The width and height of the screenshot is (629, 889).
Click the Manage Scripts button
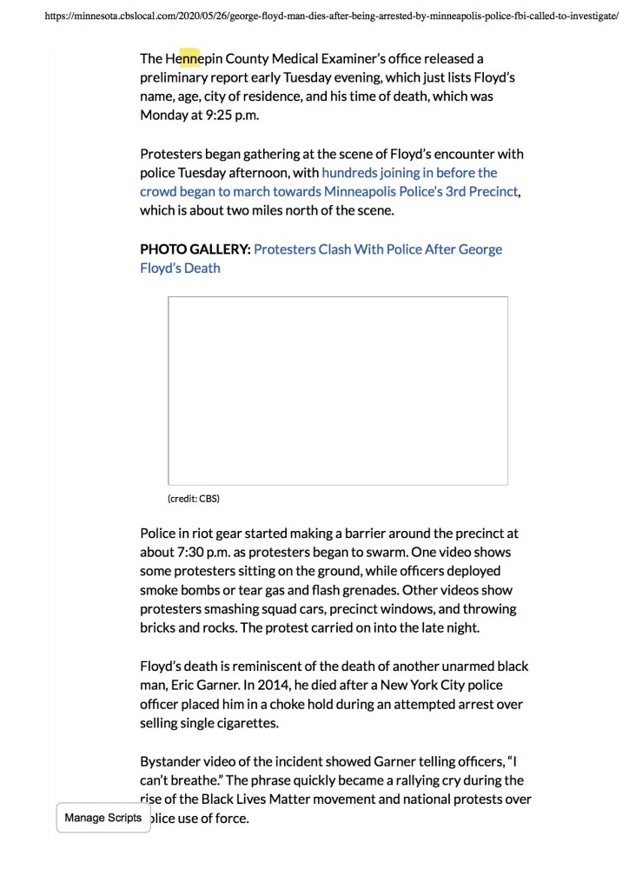[103, 818]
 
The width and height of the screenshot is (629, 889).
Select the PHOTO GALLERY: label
[195, 249]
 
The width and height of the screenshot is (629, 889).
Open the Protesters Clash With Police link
[377, 249]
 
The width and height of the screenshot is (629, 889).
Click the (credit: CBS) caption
[193, 499]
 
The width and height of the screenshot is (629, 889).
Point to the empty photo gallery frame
[337, 390]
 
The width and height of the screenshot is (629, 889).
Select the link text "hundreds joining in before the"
[409, 173]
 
